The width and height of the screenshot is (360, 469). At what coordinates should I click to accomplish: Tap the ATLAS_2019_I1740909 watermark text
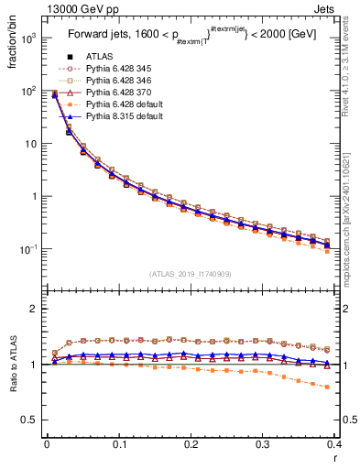point(191,274)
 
